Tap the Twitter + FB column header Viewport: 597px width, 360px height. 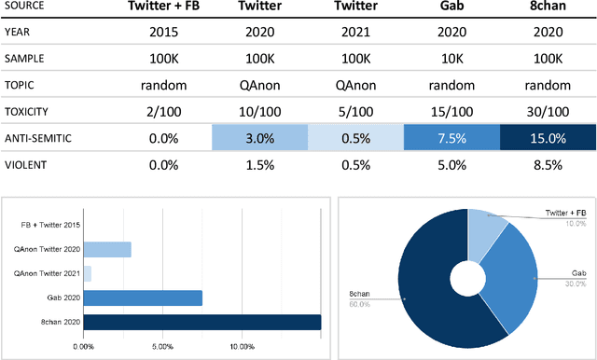pyautogui.click(x=159, y=8)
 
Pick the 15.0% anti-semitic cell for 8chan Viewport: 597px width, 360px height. pyautogui.click(x=546, y=138)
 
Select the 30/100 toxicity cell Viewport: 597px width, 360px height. pyautogui.click(x=546, y=112)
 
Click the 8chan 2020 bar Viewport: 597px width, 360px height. pyautogui.click(x=201, y=322)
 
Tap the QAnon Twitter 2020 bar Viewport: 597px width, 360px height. pyautogui.click(x=106, y=249)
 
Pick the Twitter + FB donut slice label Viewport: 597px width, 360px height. pyautogui.click(x=565, y=214)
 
